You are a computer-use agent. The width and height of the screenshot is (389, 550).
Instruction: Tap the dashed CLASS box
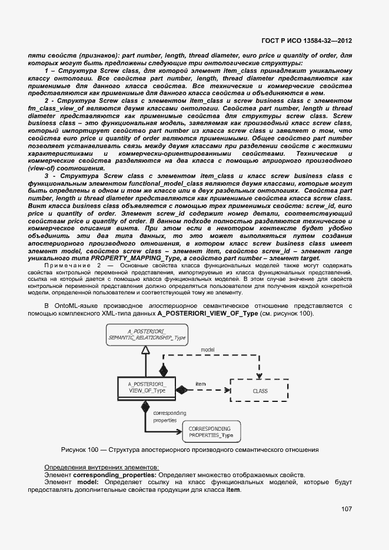click(260, 390)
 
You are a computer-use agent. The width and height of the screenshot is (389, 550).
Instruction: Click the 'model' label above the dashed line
click(208, 349)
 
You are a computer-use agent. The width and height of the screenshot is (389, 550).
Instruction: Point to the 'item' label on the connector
click(200, 383)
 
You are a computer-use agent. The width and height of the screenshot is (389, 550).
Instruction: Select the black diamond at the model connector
click(165, 371)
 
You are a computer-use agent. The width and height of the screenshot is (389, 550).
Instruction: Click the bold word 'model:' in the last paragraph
click(86, 482)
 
